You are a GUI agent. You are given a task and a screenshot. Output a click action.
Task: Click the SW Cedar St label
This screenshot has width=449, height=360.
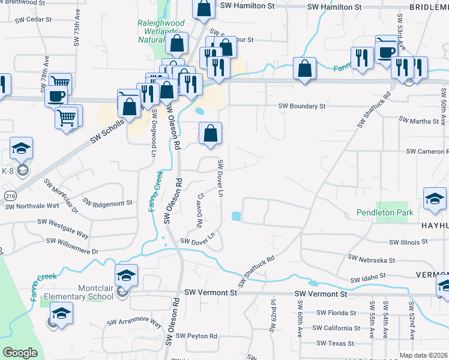[36, 19]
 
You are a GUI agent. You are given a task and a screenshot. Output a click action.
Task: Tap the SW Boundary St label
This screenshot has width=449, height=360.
[301, 106]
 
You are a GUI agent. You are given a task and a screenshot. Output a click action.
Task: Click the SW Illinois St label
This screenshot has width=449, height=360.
[408, 242]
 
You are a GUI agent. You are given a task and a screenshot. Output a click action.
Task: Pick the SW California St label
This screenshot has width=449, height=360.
[337, 328]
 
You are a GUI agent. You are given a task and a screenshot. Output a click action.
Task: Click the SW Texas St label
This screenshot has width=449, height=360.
[336, 344]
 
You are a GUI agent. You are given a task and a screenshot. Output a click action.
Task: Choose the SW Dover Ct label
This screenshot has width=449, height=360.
[200, 210]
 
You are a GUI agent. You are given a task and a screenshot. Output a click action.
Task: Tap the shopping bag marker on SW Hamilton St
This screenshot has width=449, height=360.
[203, 8]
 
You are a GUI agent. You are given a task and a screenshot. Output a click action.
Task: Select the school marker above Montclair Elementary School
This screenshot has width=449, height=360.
[126, 275]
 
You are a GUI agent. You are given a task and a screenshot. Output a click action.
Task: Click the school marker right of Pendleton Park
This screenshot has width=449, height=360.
[435, 199]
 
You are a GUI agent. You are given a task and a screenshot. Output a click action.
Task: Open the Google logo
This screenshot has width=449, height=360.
[20, 353]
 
